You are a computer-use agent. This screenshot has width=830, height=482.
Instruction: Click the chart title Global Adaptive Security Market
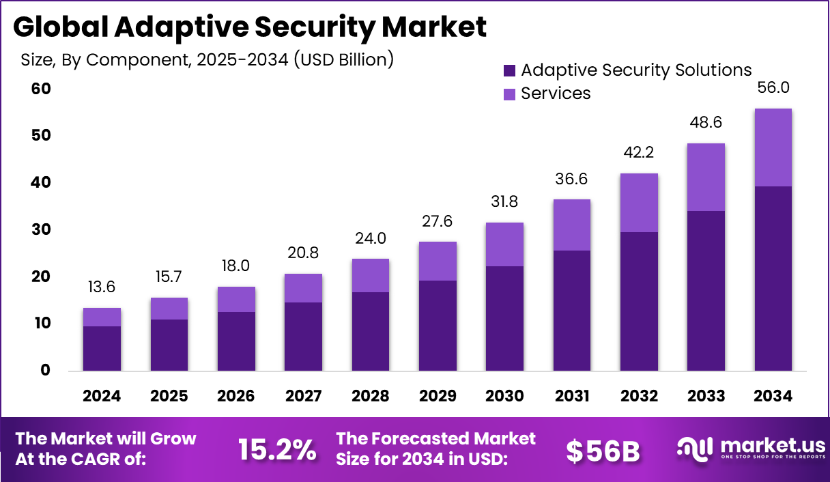pyautogui.click(x=250, y=27)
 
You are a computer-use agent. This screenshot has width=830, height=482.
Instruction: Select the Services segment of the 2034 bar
pyautogui.click(x=773, y=147)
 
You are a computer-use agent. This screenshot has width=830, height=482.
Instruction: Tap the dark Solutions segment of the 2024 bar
pyautogui.click(x=102, y=348)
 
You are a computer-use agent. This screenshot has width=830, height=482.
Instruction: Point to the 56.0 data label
pyautogui.click(x=773, y=87)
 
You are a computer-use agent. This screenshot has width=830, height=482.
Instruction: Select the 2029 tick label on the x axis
pyautogui.click(x=438, y=396)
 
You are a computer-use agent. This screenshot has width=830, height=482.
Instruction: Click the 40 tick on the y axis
pyautogui.click(x=42, y=182)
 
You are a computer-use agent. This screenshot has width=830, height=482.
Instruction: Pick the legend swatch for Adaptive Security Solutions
pyautogui.click(x=509, y=70)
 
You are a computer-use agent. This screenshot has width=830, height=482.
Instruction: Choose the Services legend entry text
pyautogui.click(x=556, y=94)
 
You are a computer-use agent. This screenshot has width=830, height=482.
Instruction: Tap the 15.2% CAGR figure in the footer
pyautogui.click(x=277, y=450)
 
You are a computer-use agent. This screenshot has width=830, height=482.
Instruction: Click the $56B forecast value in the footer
pyautogui.click(x=603, y=450)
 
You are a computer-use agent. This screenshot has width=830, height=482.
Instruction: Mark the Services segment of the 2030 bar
pyautogui.click(x=504, y=244)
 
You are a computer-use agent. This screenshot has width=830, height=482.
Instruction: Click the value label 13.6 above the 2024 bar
pyautogui.click(x=102, y=287)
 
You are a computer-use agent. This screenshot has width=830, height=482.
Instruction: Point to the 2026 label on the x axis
pyautogui.click(x=236, y=396)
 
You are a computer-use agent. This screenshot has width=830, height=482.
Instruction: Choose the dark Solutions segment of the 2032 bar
pyautogui.click(x=639, y=301)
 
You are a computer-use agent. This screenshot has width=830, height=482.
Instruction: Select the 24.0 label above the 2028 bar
pyautogui.click(x=371, y=238)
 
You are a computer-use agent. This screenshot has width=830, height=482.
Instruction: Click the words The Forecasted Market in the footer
pyautogui.click(x=436, y=438)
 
